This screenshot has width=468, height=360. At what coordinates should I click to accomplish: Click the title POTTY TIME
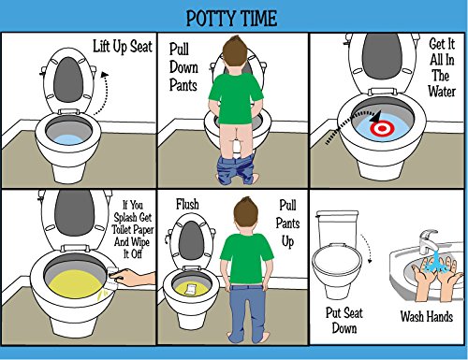(232, 19)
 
